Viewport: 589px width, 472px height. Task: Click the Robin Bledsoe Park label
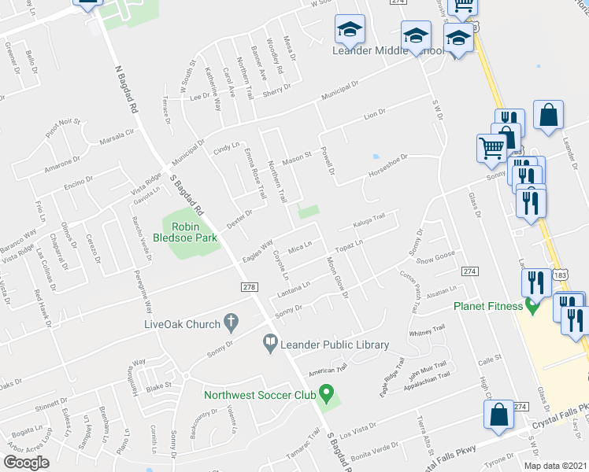coord(189,230)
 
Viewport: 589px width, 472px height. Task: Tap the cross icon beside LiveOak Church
coord(230,322)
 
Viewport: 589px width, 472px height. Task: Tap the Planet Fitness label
coord(488,306)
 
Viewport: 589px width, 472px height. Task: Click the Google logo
coord(26,463)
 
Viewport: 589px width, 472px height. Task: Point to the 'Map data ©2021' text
coord(554,466)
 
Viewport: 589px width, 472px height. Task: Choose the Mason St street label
coord(298,156)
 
